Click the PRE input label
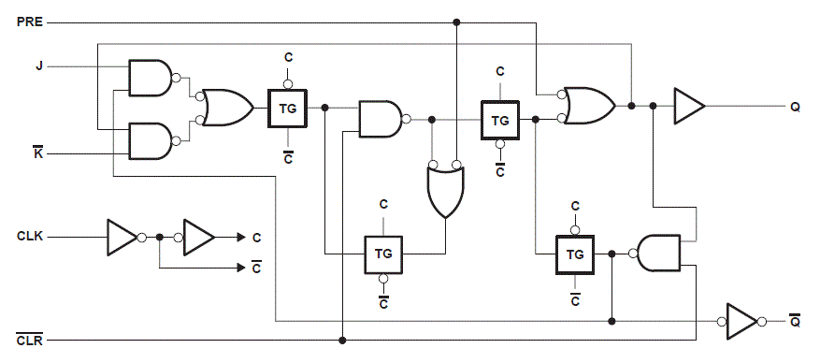coord(30,22)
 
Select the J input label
coord(38,66)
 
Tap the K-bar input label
coord(38,151)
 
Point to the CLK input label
coord(31,238)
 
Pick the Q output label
coord(795,107)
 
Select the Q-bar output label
coord(795,321)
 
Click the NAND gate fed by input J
coord(151,79)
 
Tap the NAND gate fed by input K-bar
coord(151,140)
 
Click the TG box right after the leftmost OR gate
coord(287,109)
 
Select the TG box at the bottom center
coord(383,253)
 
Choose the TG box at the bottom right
coord(575,253)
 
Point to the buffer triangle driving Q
coord(689,107)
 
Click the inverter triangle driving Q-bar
coord(742,321)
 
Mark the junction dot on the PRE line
coord(456,22)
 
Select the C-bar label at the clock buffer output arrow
coord(256,269)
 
